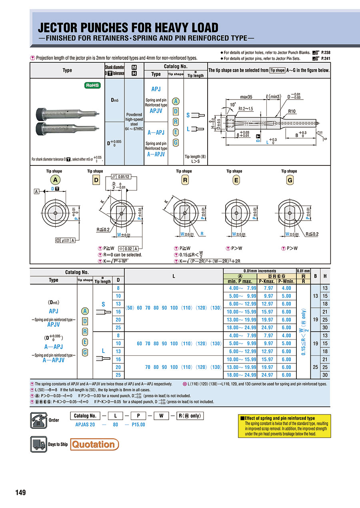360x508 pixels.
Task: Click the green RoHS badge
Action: pos(92,85)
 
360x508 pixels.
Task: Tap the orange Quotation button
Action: pos(94,444)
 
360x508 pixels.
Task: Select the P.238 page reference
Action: pos(324,52)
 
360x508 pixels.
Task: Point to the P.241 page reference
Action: pos(324,58)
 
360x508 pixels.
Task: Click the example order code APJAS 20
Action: pos(85,424)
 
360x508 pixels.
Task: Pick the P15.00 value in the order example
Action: pos(138,424)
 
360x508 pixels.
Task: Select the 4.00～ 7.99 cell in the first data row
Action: pos(240,288)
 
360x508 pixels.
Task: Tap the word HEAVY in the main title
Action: pos(164,28)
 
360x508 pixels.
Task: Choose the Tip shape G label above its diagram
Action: pos(289,171)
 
